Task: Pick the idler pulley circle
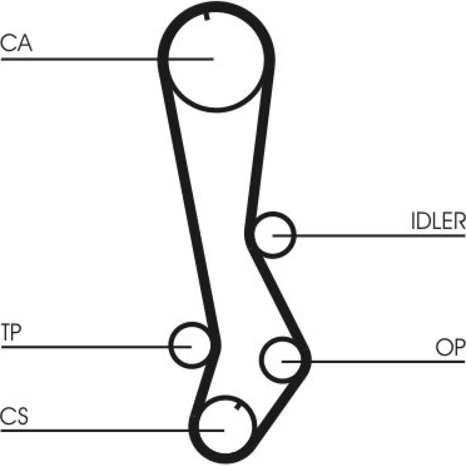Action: tap(275, 234)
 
